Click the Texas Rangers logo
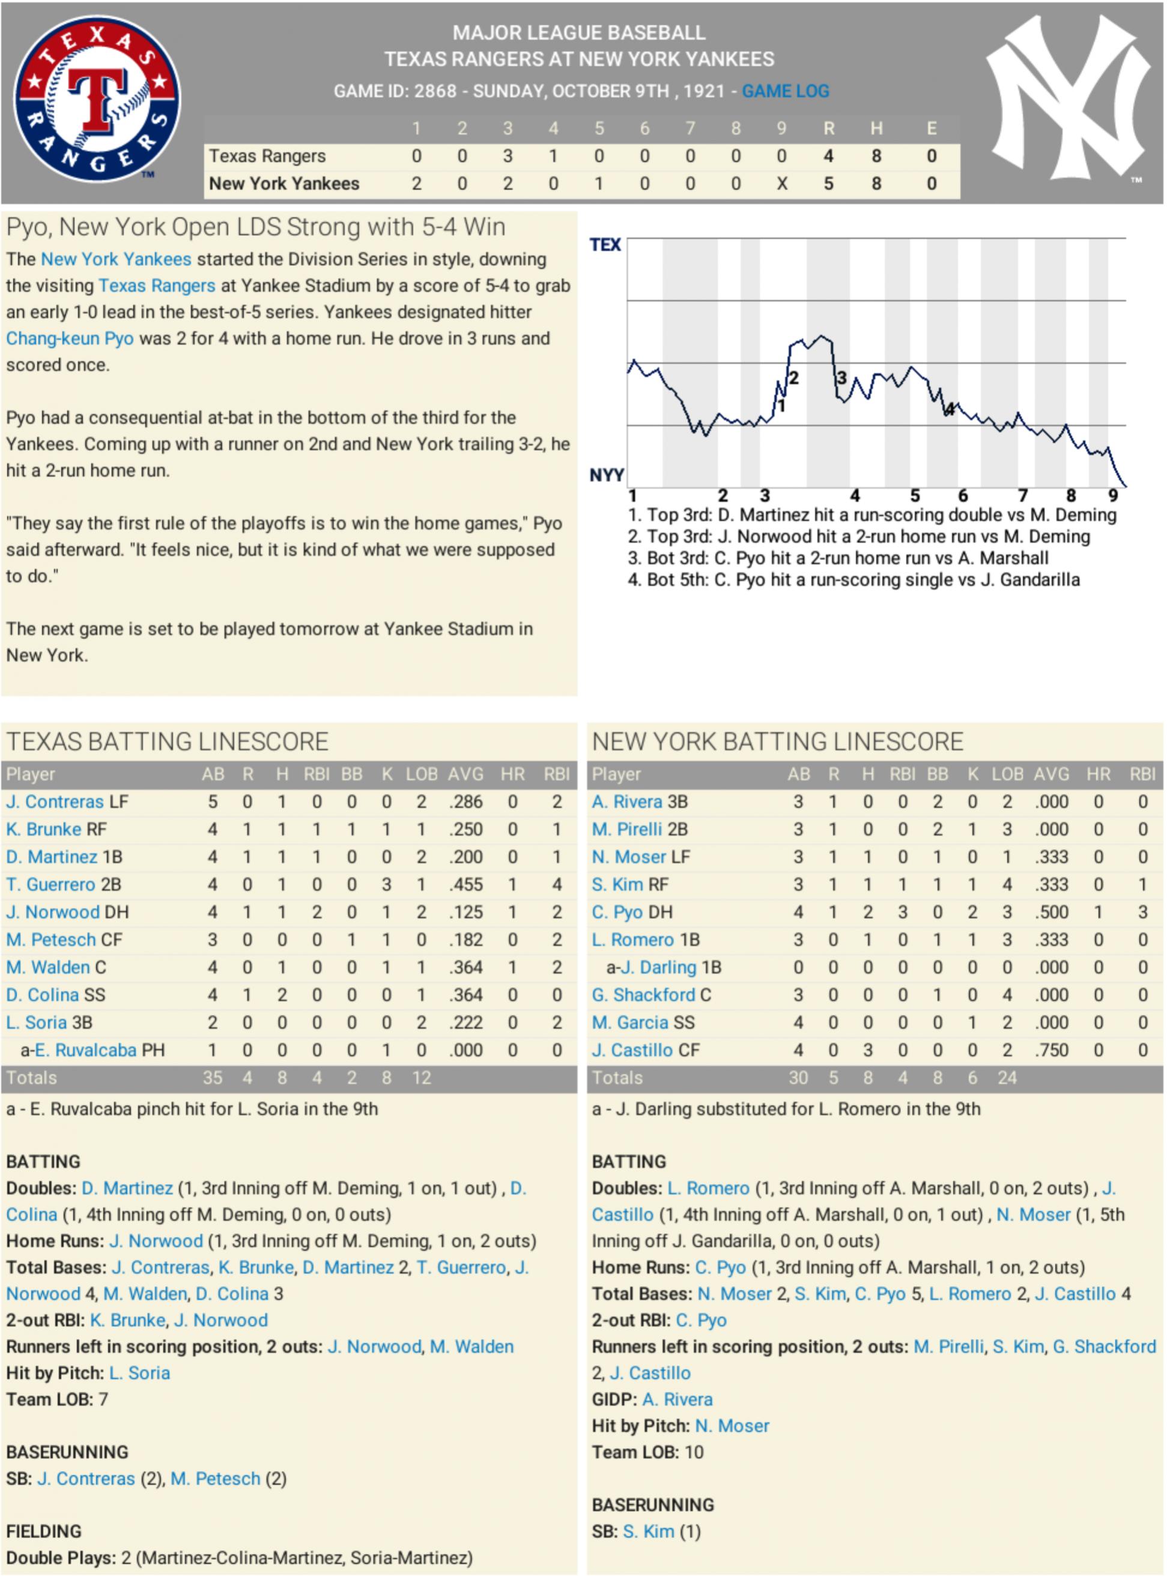(97, 99)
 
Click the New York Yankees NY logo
(1068, 99)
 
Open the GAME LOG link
(785, 91)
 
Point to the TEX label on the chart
(605, 245)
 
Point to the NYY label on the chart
(606, 474)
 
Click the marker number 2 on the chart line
(793, 378)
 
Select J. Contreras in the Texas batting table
(55, 802)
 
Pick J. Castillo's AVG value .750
(1051, 1050)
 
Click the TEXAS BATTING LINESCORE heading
(168, 741)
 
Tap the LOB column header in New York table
(1007, 774)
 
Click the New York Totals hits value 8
(867, 1078)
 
